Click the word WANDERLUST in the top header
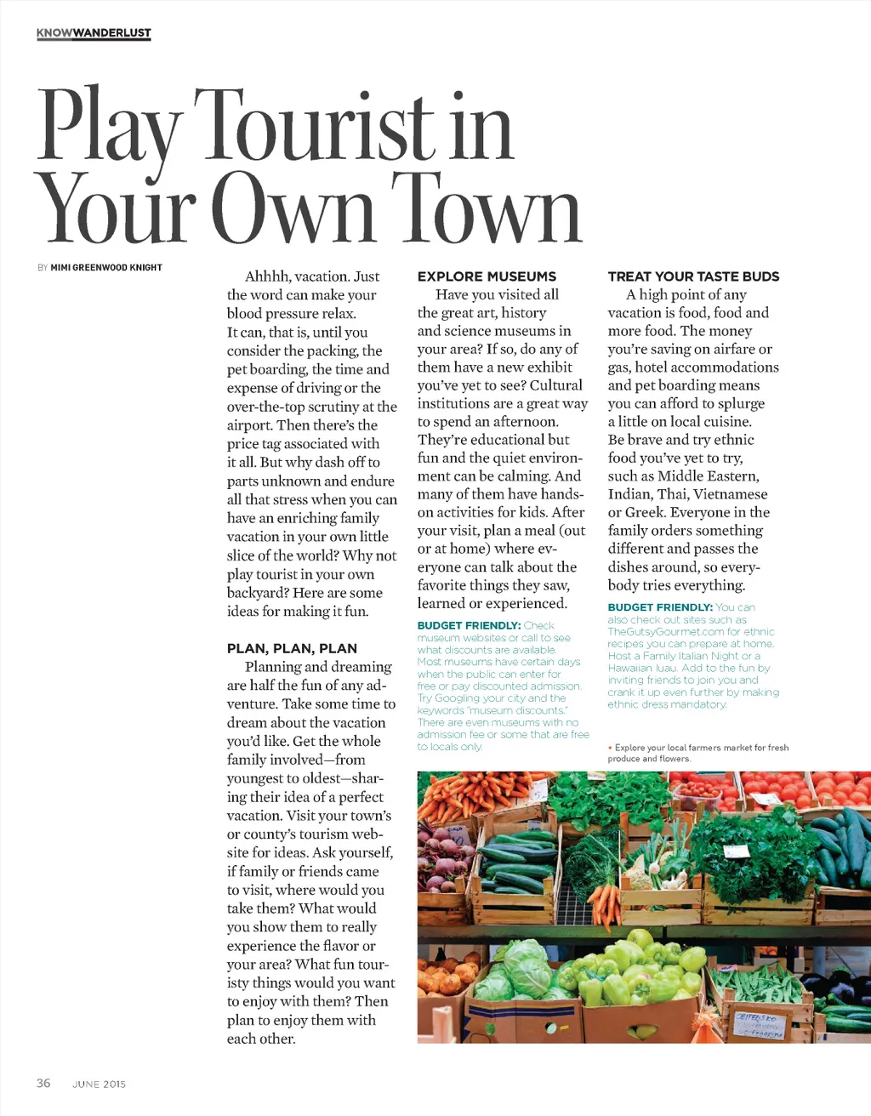111,33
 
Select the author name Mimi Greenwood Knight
106,267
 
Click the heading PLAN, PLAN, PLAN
292,648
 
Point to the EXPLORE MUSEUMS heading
487,276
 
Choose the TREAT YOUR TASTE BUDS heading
693,276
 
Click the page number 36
43,1083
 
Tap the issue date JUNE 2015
99,1084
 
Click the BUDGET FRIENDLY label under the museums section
469,625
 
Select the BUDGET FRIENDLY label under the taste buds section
660,607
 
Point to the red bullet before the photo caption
610,748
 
